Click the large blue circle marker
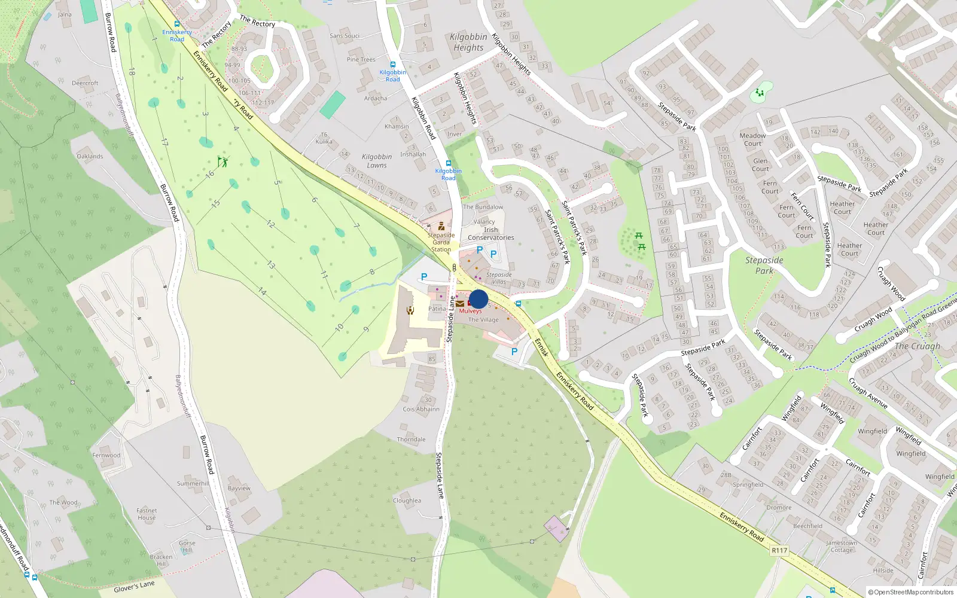click(478, 299)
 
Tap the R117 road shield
click(779, 550)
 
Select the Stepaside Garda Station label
click(441, 242)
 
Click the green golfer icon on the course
click(223, 161)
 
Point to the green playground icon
click(759, 93)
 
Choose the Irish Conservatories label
click(491, 234)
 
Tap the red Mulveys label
click(470, 311)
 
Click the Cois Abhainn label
click(421, 409)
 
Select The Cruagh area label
click(918, 346)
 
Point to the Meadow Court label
click(752, 139)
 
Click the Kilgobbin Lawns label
click(377, 161)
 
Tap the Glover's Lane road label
click(134, 586)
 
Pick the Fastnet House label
click(147, 514)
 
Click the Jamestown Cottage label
click(842, 547)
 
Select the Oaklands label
click(90, 156)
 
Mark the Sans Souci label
click(345, 36)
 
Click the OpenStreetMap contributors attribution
click(911, 592)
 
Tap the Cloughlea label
click(407, 501)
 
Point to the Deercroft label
click(85, 83)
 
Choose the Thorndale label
click(412, 439)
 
